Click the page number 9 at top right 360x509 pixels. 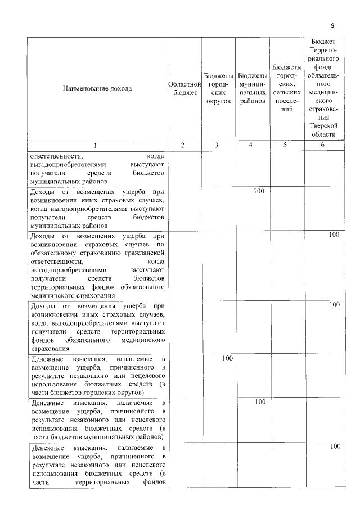coord(332,25)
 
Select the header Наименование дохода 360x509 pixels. coord(97,88)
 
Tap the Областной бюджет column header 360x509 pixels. coord(184,88)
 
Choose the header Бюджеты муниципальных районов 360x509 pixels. coord(252,88)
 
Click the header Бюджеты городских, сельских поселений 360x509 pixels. coord(287,88)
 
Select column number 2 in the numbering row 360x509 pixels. coord(182,145)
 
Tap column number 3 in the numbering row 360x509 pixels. coord(217,145)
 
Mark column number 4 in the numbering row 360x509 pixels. coord(251,145)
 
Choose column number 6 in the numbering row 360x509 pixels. coord(323,145)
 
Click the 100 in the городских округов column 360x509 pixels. coord(227,358)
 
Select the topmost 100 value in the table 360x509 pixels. coord(259,191)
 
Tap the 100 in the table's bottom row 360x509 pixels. coord(335,447)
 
